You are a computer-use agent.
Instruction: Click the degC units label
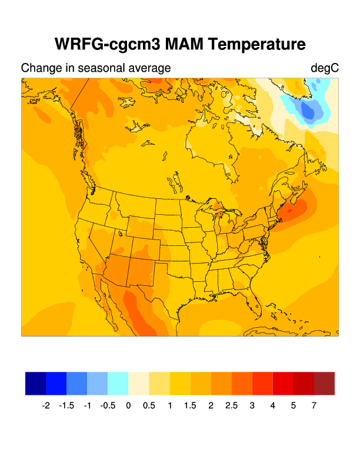(325, 68)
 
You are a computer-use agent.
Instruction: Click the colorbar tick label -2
(46, 405)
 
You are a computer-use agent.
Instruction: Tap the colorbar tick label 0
(128, 405)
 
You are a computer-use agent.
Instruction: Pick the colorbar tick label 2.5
(231, 405)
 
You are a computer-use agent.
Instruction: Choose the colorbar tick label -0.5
(108, 405)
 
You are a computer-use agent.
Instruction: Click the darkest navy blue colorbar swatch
(35, 383)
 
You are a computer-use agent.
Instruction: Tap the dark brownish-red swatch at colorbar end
(324, 383)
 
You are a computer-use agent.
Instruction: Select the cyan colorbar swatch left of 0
(118, 383)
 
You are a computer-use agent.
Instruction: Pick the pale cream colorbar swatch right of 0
(139, 383)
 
